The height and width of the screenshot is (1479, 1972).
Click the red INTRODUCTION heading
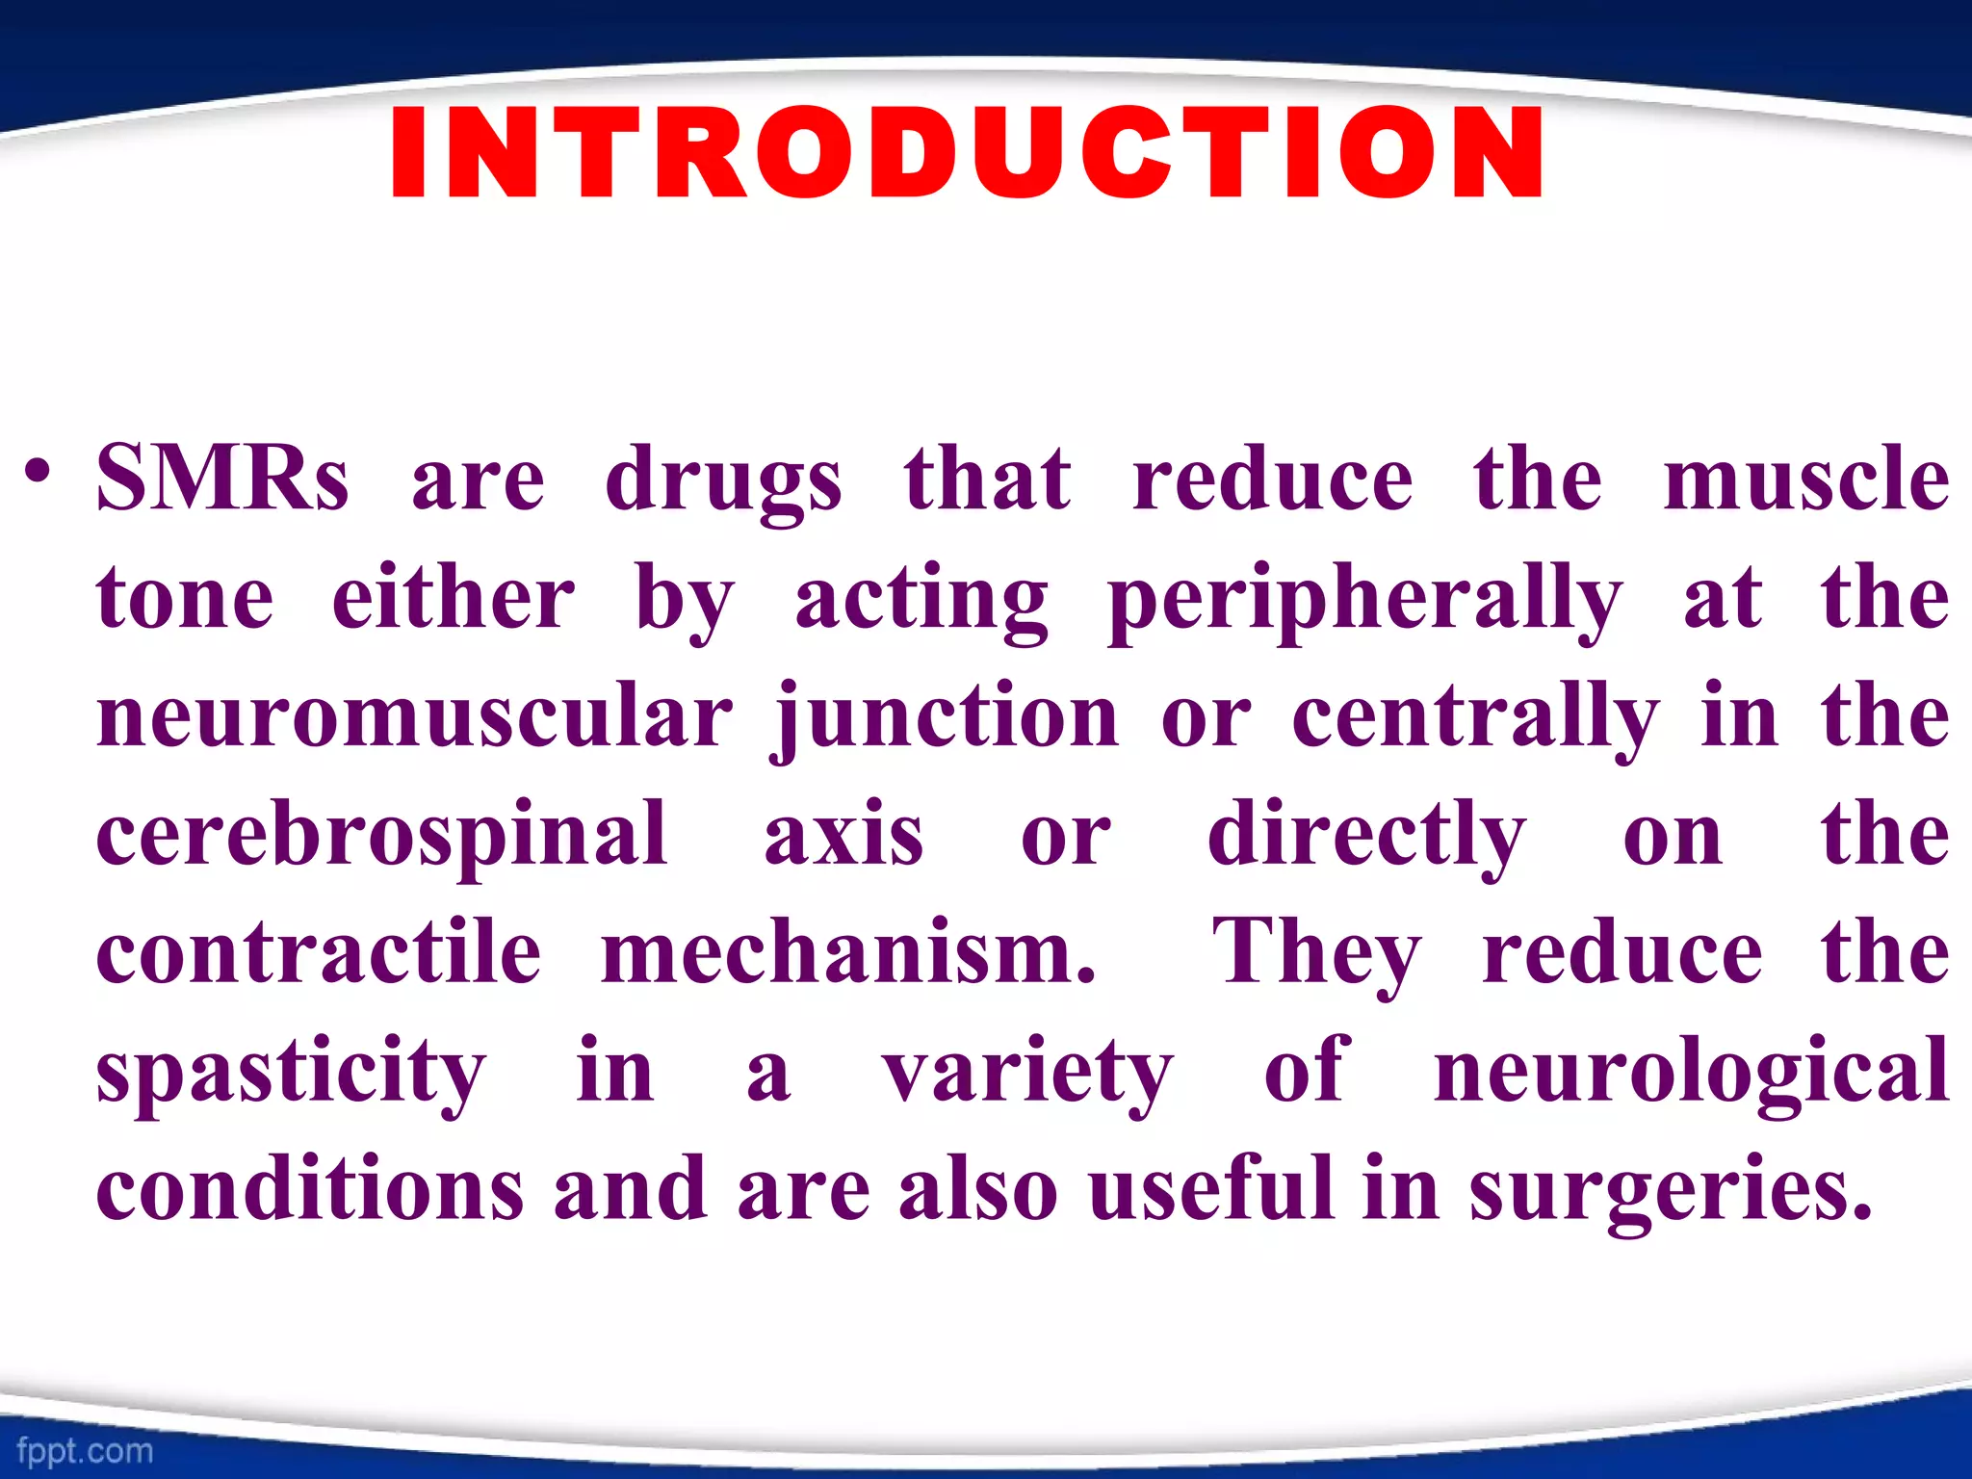click(x=967, y=154)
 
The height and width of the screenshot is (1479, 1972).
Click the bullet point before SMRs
click(x=38, y=474)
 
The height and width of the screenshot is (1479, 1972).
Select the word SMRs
click(x=222, y=479)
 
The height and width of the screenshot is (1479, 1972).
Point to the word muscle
click(x=1806, y=479)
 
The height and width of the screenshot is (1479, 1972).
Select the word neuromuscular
click(x=415, y=717)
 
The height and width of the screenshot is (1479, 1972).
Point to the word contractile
click(x=319, y=951)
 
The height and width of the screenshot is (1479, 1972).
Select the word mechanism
click(x=847, y=951)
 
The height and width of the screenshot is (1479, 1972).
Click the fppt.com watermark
click(x=85, y=1450)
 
